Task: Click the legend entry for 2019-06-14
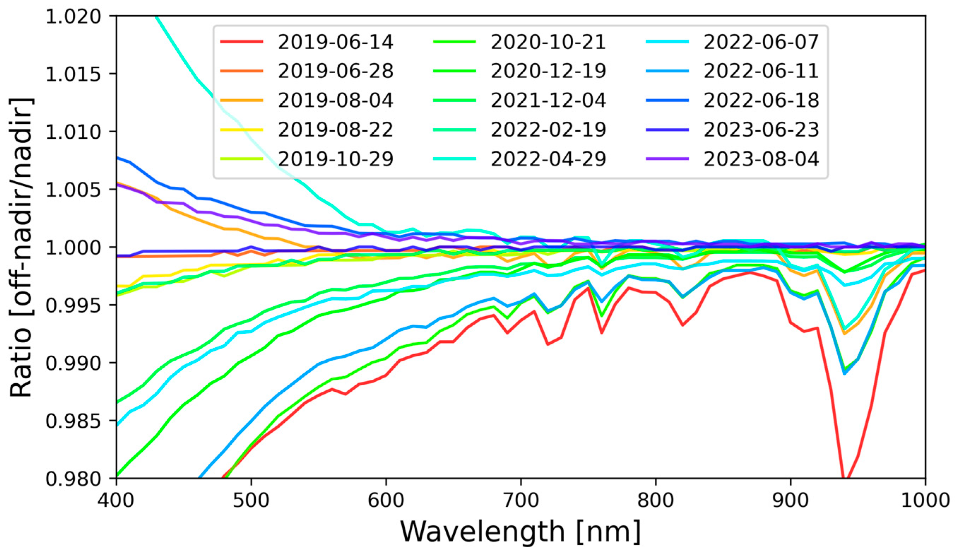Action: coord(336,42)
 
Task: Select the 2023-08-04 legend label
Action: coord(761,159)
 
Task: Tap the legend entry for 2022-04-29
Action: coord(548,159)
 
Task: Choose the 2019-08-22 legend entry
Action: coord(336,130)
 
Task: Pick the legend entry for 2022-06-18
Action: coord(761,101)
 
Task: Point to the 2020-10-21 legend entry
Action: coord(548,42)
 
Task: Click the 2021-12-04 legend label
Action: coord(548,101)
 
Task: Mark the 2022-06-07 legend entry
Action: coord(761,42)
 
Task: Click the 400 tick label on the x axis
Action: coord(116,500)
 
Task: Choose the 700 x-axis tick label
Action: coord(521,500)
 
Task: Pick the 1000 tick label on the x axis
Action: coord(925,500)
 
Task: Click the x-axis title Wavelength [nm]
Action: coord(521,532)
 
